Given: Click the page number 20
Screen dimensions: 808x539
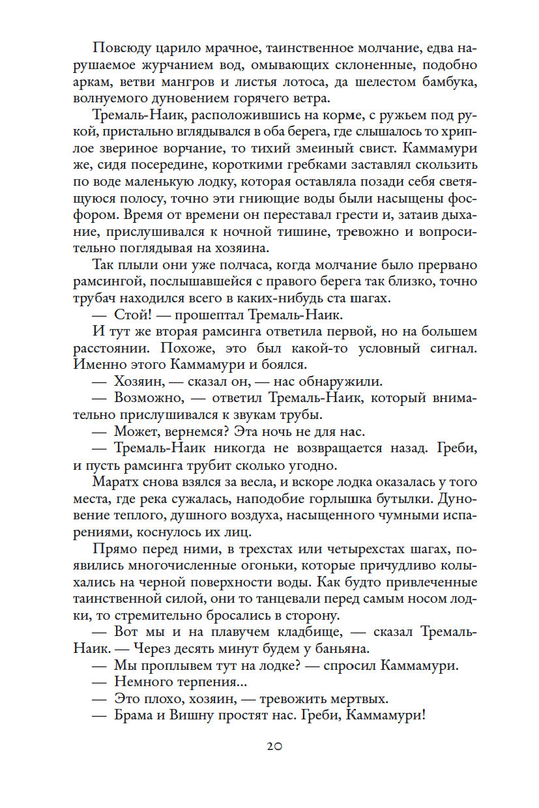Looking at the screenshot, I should [274, 746].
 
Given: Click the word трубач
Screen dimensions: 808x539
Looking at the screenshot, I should [95, 299].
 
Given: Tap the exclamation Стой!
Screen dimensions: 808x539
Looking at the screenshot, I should [133, 316].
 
